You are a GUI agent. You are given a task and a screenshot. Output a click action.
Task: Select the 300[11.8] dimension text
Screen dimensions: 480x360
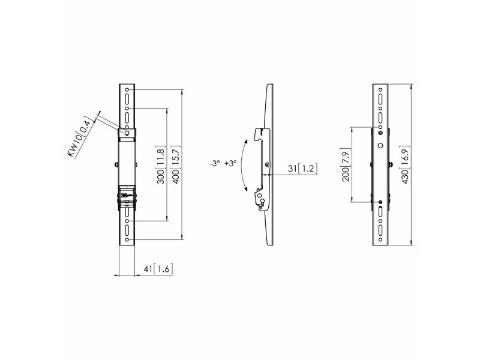click(161, 165)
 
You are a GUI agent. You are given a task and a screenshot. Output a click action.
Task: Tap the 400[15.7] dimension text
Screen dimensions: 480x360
click(176, 165)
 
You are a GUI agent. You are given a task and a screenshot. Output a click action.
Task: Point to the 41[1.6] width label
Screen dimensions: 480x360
click(158, 269)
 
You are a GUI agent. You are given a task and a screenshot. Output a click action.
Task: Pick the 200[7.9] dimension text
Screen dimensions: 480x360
click(346, 164)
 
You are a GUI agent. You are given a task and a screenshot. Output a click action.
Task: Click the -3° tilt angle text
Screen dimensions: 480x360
click(215, 164)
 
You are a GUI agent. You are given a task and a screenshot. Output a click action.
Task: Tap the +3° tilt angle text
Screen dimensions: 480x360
click(230, 164)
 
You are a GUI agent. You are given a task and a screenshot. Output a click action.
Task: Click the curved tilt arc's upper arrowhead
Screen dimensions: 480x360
click(246, 141)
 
